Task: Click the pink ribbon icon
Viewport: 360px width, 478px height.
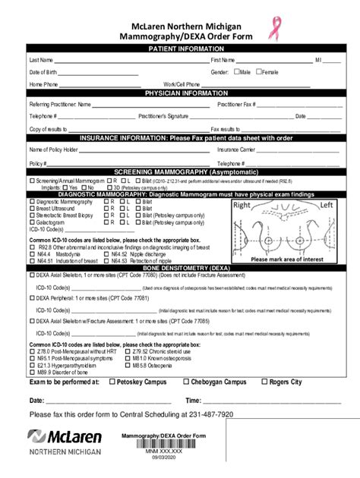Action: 271,28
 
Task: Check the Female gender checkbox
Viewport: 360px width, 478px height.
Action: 259,71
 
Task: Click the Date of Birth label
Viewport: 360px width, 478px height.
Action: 43,72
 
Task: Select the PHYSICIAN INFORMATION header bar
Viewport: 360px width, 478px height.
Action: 180,93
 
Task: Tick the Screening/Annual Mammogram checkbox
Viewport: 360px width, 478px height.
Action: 32,181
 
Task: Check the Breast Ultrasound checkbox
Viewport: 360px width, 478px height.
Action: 32,209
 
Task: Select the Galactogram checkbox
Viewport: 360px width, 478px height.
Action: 32,222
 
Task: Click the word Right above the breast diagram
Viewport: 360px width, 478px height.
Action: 242,206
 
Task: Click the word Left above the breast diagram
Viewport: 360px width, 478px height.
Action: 327,206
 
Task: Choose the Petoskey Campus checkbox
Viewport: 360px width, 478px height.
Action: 113,382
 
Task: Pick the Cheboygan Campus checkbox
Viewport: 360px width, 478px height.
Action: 185,382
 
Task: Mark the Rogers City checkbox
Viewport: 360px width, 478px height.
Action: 264,382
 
